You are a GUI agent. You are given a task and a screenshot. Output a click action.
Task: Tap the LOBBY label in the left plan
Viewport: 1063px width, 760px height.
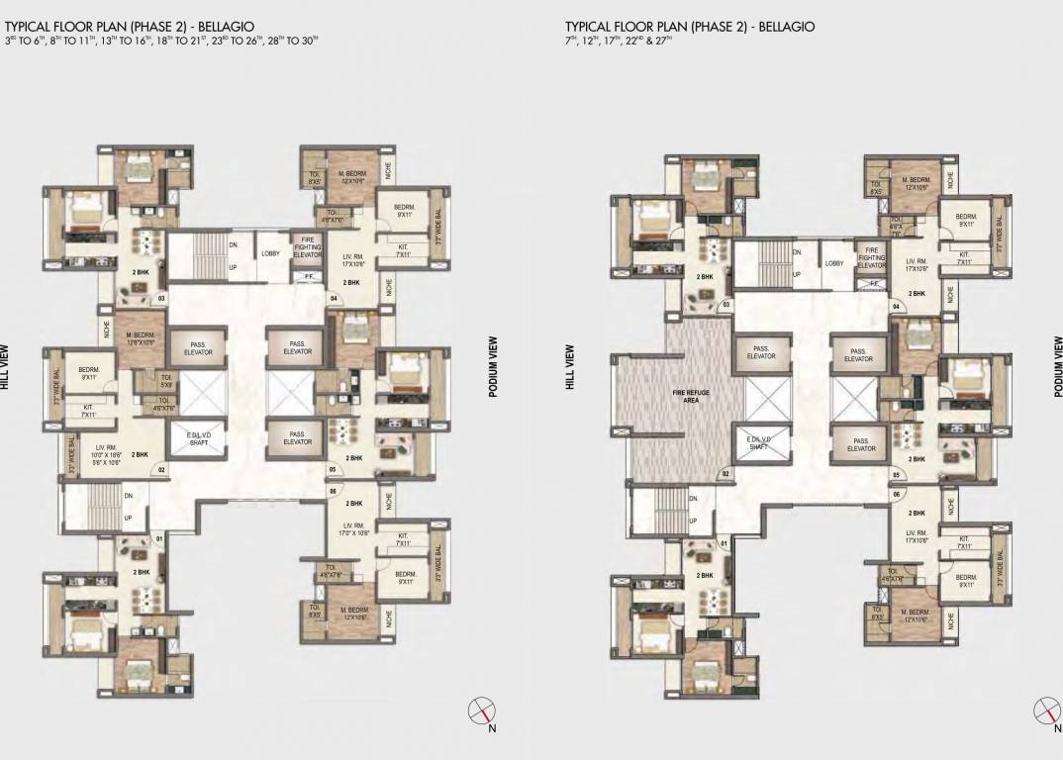coord(270,253)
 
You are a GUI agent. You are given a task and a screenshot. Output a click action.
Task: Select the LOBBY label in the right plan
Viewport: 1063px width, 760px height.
coord(834,263)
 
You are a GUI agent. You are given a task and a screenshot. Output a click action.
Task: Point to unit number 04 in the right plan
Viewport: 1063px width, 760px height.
coord(896,307)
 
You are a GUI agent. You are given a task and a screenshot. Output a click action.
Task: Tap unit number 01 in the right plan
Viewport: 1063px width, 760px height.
coord(724,543)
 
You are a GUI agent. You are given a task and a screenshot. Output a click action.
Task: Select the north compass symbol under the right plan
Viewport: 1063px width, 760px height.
coord(1046,710)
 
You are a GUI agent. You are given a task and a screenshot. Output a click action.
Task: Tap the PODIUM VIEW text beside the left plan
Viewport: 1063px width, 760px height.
coord(492,367)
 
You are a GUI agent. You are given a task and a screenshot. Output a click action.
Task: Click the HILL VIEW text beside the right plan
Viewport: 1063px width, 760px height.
coord(570,367)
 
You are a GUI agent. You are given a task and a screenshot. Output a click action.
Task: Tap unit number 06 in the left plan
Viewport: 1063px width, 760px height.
coord(333,491)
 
